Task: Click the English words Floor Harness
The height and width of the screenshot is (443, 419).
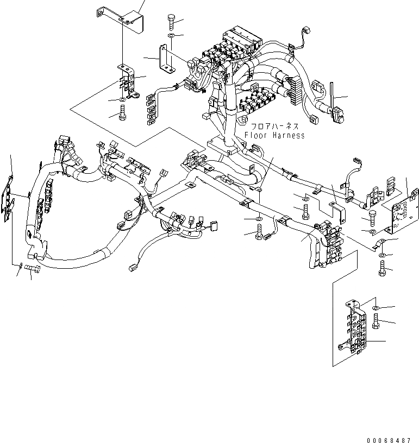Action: [274, 135]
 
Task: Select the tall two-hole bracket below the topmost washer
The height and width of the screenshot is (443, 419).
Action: [164, 58]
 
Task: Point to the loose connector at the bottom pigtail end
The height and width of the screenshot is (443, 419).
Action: [132, 267]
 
